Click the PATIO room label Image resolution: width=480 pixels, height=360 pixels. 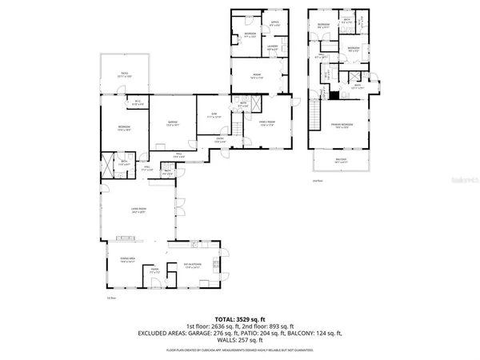[125, 74]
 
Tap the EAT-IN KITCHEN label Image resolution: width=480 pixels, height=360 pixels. [192, 266]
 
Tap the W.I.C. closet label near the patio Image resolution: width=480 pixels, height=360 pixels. [138, 101]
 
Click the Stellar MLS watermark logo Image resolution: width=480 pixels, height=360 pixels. [454, 182]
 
